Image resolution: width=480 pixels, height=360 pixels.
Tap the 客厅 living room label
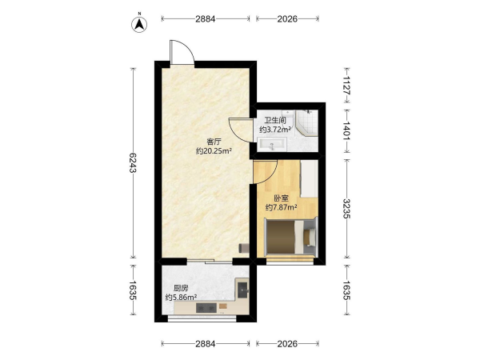coord(214,142)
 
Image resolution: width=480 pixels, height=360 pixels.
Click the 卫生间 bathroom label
coord(275,120)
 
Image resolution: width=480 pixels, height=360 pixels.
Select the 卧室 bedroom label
coord(281,198)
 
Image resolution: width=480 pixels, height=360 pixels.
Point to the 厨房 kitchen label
coord(181,288)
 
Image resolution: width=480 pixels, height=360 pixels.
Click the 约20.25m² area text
coord(214,151)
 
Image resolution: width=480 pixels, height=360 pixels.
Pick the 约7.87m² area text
coord(281,207)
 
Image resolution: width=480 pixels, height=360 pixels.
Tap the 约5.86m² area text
coord(181,298)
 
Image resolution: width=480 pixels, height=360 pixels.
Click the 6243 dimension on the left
coord(132,162)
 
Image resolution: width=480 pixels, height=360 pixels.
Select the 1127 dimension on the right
coord(347,86)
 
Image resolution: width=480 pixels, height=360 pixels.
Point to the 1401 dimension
coord(347,131)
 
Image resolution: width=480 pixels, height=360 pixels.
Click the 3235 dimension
coord(347,209)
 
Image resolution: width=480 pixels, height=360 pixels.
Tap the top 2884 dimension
coord(206,19)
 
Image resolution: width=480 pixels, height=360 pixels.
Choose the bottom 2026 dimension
coord(287,344)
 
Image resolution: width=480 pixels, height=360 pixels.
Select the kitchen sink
coord(242,289)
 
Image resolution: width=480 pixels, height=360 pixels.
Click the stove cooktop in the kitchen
coord(206,308)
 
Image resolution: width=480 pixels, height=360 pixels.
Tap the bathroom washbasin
coord(272,144)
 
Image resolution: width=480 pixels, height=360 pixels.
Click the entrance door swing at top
coord(182,52)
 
